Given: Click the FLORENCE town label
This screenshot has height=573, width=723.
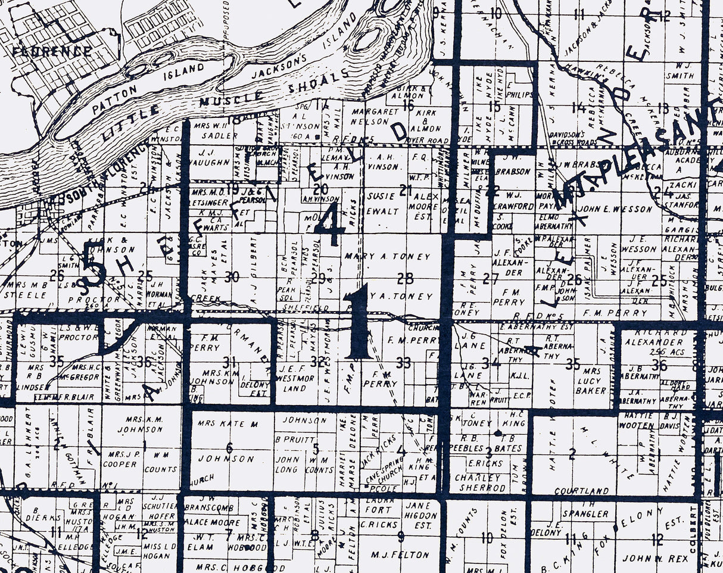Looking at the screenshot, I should (53, 51).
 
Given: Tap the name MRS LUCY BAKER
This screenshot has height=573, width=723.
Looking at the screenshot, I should (590, 381).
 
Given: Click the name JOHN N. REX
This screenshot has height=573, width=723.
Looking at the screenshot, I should (655, 558).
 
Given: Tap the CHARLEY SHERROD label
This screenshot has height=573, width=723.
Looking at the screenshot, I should (478, 483).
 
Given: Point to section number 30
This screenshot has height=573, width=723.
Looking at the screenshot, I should (232, 277).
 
